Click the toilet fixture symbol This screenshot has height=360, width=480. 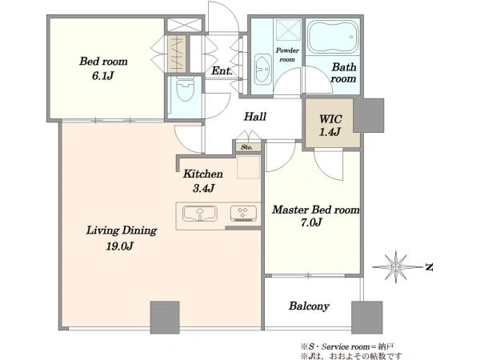[x=186, y=89]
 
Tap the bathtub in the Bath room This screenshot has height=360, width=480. [x=333, y=37]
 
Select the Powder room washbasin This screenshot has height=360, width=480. [x=263, y=70]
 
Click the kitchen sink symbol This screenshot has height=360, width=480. [x=200, y=214]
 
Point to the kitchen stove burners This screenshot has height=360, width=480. [x=243, y=214]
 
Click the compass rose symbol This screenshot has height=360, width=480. [x=396, y=267]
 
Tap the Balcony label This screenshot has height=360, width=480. [x=309, y=306]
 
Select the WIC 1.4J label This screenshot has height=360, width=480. [x=330, y=126]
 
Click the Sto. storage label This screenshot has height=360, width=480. [x=246, y=147]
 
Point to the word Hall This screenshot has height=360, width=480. [x=255, y=116]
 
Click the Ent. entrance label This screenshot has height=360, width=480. [x=222, y=71]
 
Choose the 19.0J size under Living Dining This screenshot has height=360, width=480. [x=120, y=246]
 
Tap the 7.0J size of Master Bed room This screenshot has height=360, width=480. [x=311, y=222]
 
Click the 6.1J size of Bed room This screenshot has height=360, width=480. [x=103, y=76]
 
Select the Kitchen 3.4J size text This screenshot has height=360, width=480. [x=203, y=188]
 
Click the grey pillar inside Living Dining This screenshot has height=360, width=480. [x=165, y=318]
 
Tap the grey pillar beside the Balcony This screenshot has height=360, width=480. [x=366, y=318]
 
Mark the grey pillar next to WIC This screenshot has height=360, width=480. [x=369, y=115]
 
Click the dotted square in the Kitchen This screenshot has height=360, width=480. [x=248, y=167]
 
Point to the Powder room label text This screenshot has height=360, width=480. [x=287, y=54]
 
